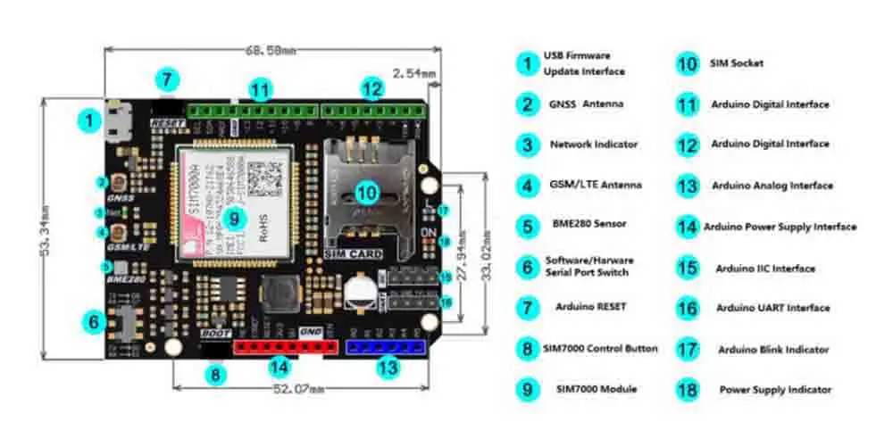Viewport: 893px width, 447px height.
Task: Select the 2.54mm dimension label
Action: (413, 72)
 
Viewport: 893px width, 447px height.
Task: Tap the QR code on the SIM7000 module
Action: (265, 177)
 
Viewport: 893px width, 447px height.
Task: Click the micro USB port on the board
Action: (113, 122)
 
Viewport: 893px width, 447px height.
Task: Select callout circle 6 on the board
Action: (96, 321)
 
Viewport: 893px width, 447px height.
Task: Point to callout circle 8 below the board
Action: (214, 376)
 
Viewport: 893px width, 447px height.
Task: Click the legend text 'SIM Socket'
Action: (737, 63)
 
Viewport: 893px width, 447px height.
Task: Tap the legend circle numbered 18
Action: (686, 390)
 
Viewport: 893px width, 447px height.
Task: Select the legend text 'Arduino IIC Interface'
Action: (764, 269)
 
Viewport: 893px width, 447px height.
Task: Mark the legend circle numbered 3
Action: (528, 144)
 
